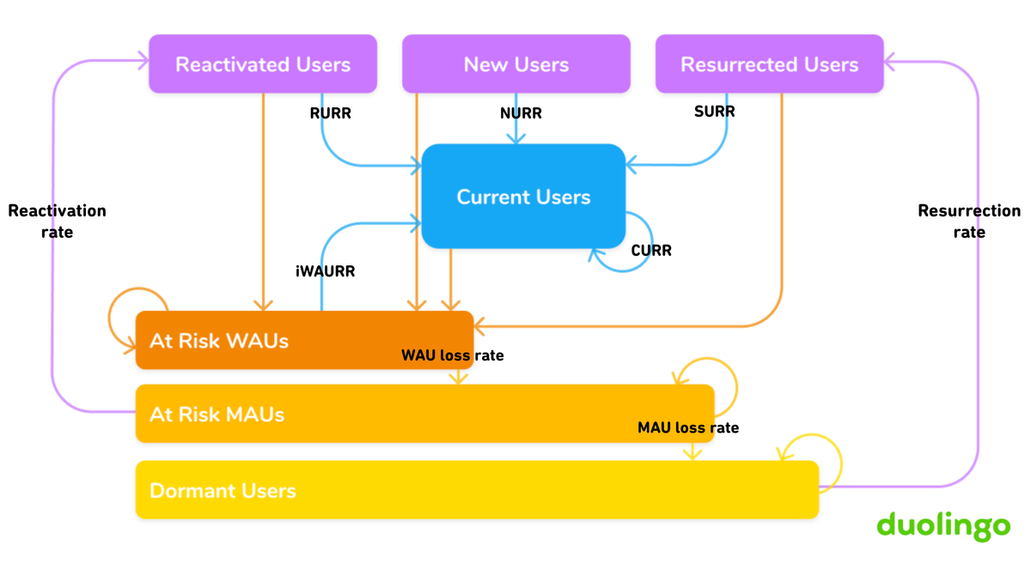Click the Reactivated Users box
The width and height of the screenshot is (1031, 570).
point(263,64)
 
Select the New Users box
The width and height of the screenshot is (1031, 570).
point(515,64)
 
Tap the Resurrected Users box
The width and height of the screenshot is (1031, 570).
point(769,64)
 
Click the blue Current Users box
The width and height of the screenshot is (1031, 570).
point(523,197)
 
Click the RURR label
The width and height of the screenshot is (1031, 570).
point(330,112)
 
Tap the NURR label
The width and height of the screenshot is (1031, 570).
point(521,113)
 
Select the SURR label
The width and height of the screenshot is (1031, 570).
point(714,112)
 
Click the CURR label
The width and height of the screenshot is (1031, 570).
point(651,251)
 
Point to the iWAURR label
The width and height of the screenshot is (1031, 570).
point(325,271)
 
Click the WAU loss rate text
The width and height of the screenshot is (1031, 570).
point(453,355)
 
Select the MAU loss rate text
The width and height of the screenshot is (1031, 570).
point(687,427)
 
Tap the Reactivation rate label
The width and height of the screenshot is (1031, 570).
point(57,221)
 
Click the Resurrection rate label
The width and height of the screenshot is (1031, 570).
point(969,221)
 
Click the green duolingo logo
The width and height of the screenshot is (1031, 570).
point(943,525)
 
